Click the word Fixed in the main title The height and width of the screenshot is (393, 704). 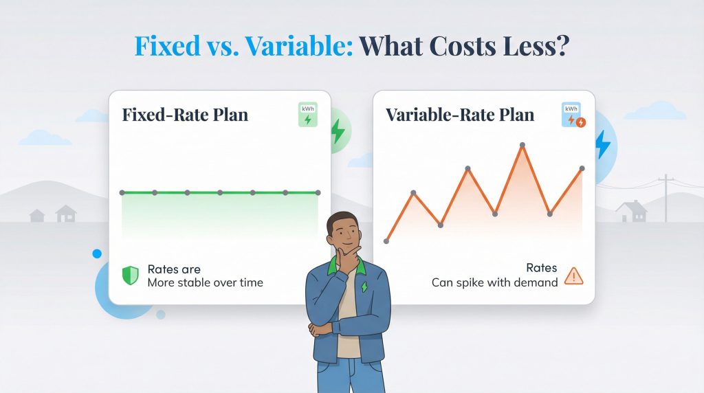(164, 47)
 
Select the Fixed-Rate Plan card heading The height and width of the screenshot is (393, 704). (185, 115)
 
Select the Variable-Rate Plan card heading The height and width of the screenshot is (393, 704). (460, 115)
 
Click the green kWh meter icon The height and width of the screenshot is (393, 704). (307, 114)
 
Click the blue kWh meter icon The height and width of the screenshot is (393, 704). (571, 114)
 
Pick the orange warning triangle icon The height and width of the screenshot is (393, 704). (573, 276)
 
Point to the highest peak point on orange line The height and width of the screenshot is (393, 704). (522, 145)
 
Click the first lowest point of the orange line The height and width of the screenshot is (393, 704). (386, 241)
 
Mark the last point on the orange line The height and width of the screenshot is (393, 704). (582, 168)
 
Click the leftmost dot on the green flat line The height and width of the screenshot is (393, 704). (122, 192)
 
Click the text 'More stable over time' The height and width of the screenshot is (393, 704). (205, 282)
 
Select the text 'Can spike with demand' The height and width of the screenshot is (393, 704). (494, 282)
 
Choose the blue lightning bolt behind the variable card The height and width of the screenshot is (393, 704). (603, 144)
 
